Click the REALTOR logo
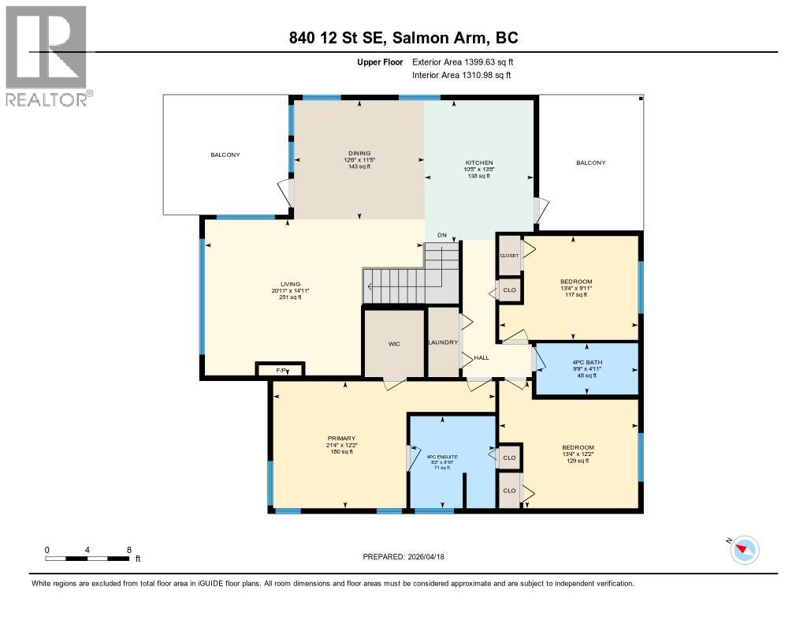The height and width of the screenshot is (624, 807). [46, 55]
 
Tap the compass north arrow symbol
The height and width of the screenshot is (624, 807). [744, 549]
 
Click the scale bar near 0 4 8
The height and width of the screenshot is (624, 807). [87, 559]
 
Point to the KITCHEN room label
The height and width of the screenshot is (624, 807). [478, 163]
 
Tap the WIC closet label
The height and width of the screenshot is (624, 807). [394, 344]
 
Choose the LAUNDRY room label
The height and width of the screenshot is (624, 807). [443, 342]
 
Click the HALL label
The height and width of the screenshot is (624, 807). [482, 357]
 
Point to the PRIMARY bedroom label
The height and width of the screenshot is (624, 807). [341, 438]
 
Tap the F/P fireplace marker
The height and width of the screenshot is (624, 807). [280, 370]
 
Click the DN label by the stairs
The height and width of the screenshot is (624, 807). [442, 235]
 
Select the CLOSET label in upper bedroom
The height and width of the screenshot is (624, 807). [509, 256]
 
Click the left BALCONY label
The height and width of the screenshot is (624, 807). [225, 155]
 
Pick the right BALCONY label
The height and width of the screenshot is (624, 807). [591, 163]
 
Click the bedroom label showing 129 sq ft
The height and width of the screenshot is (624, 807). [578, 447]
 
